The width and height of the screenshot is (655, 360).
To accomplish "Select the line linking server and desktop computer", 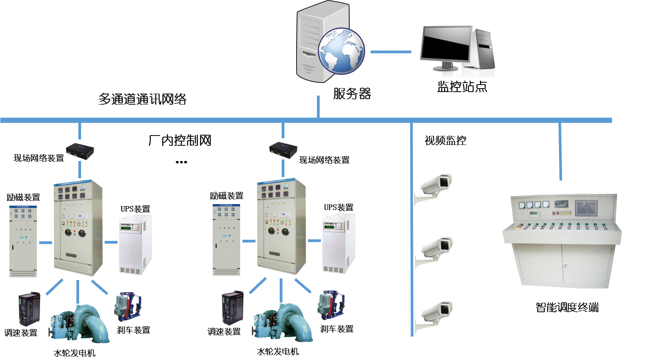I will tap(391, 52).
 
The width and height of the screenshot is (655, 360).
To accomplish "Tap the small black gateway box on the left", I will tap(80, 151).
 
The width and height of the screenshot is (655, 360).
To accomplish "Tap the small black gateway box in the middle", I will tap(283, 150).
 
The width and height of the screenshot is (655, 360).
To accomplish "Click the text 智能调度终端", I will tap(567, 306).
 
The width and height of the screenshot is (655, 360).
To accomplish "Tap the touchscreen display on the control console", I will tap(586, 208).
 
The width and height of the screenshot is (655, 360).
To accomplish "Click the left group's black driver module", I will tap(29, 309).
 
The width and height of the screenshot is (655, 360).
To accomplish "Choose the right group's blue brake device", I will tap(332, 305).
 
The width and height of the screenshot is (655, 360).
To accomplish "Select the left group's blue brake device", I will tap(128, 307).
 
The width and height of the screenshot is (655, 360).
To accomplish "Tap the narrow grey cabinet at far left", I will tap(23, 241).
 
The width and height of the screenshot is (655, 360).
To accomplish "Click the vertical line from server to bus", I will tap(318, 107).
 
